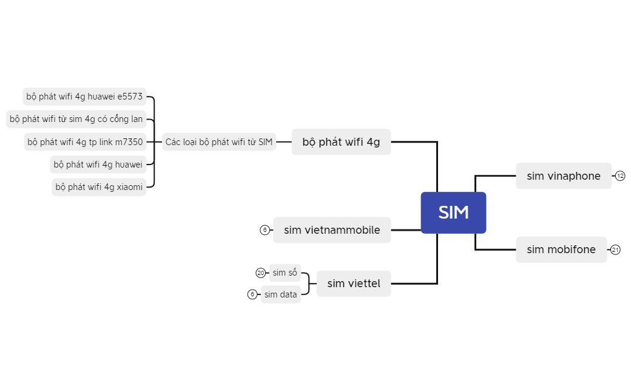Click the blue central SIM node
(x=454, y=212)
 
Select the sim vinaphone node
(x=564, y=175)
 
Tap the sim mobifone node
(x=561, y=250)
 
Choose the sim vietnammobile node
(x=332, y=230)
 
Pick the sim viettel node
(x=354, y=284)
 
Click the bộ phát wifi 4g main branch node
(x=341, y=141)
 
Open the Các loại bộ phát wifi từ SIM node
(x=219, y=141)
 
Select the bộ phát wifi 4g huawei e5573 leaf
(x=84, y=97)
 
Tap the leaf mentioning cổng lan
(x=76, y=119)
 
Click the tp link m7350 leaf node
(x=85, y=141)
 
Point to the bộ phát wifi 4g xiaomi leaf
(x=99, y=187)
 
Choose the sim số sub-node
(x=285, y=273)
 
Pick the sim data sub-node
(x=281, y=294)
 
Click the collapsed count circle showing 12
(x=620, y=175)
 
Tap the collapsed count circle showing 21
(x=615, y=250)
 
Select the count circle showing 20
(x=261, y=273)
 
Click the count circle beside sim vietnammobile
(x=265, y=230)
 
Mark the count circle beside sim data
(x=252, y=294)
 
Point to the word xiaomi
(x=130, y=187)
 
